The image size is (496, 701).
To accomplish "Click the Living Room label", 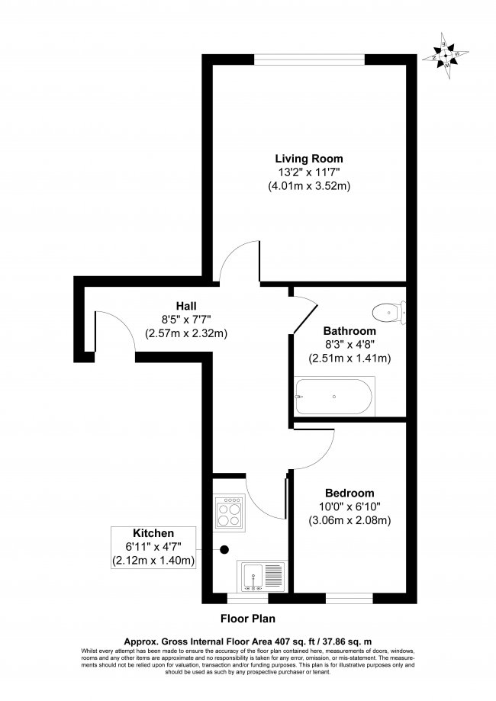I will click(308, 158).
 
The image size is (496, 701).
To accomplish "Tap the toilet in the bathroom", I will click(388, 311).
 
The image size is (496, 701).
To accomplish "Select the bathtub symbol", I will click(334, 397).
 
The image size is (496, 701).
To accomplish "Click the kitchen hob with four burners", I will click(228, 512).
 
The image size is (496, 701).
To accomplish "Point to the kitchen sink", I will click(262, 577).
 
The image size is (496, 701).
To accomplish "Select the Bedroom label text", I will click(349, 492).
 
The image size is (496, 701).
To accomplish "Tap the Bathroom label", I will click(349, 331).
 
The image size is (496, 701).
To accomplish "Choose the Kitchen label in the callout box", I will click(154, 533).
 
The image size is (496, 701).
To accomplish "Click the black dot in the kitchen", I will click(224, 548).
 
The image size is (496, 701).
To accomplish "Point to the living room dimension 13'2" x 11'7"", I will click(308, 172).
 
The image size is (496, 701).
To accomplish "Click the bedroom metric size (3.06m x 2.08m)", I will click(349, 521).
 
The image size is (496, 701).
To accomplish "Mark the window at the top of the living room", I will click(310, 56).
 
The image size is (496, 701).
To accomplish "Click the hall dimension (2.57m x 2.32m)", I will click(186, 333).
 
